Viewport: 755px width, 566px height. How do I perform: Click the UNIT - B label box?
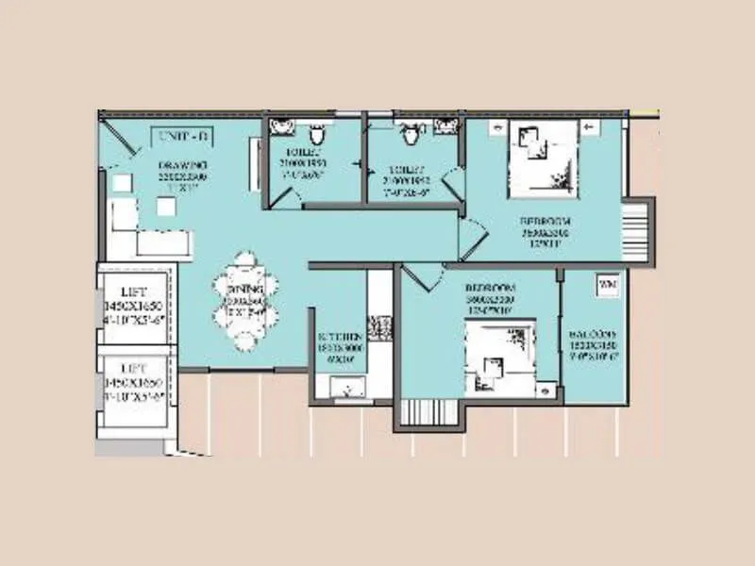[180, 136]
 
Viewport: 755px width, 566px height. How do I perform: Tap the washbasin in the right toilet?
[449, 128]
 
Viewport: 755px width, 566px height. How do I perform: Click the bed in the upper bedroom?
[543, 157]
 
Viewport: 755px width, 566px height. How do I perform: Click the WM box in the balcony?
[604, 282]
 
